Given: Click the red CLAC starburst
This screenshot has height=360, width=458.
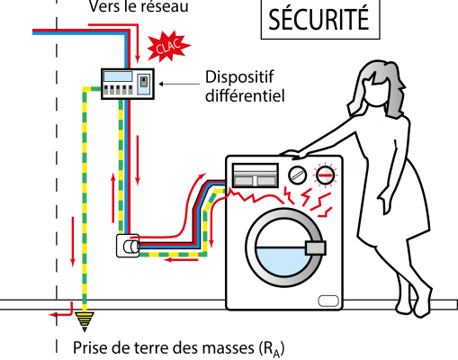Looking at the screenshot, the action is pyautogui.click(x=168, y=46).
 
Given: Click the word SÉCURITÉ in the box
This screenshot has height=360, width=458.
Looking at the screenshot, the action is pyautogui.click(x=319, y=19).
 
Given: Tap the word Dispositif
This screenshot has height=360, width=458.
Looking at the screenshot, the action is pyautogui.click(x=239, y=77).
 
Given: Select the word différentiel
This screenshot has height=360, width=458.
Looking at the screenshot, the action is pyautogui.click(x=245, y=95).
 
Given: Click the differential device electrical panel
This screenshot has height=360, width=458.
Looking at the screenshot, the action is pyautogui.click(x=128, y=84).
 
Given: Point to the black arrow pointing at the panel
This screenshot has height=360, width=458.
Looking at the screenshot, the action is pyautogui.click(x=179, y=84).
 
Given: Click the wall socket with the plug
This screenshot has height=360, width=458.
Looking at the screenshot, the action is pyautogui.click(x=128, y=246).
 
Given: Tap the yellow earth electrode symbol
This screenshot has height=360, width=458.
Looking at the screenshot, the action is pyautogui.click(x=85, y=321).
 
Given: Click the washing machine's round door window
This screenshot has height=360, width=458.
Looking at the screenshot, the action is pyautogui.click(x=283, y=247).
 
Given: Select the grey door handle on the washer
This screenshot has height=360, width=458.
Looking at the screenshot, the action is pyautogui.click(x=315, y=248).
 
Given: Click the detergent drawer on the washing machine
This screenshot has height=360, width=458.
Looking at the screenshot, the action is pyautogui.click(x=256, y=175).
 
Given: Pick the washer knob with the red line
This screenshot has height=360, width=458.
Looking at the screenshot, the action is pyautogui.click(x=325, y=175).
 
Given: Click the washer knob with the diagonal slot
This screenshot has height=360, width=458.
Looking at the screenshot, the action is pyautogui.click(x=297, y=175).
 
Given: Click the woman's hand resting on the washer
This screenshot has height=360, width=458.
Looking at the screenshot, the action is pyautogui.click(x=294, y=154).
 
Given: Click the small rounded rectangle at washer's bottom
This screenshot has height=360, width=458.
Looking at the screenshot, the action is pyautogui.click(x=328, y=301).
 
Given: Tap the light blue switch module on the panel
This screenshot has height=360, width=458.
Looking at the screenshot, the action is pyautogui.click(x=144, y=85).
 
